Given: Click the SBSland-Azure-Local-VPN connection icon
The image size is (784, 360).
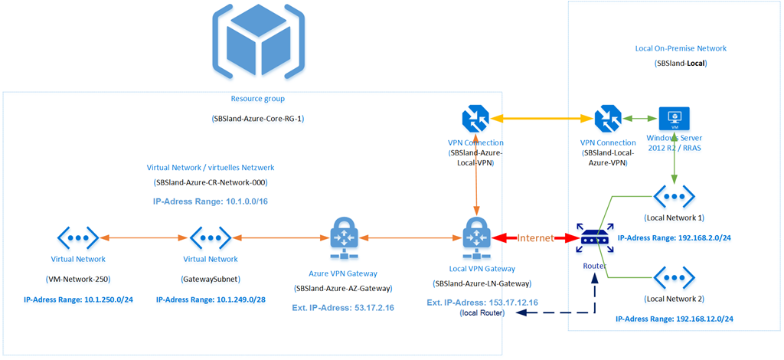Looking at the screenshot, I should click(476, 119).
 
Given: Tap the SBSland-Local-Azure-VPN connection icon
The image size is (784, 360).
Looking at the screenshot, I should click(608, 119).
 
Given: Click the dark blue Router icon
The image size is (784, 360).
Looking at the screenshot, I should click(595, 240).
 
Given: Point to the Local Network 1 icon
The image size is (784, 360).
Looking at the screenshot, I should click(674, 196).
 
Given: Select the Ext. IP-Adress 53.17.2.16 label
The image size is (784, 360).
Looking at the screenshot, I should click(343, 308).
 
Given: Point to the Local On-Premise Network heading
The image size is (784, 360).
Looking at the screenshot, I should click(681, 48).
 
